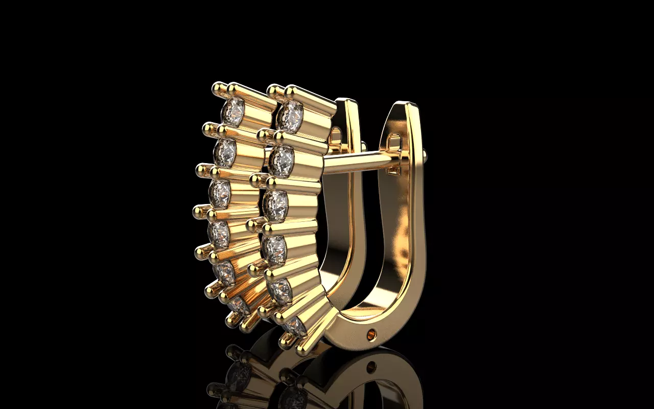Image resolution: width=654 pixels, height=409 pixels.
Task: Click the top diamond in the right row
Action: coord(290,116)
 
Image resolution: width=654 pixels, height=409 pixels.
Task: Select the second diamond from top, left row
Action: coord(225,152)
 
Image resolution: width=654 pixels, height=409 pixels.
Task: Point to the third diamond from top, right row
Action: coord(276,206)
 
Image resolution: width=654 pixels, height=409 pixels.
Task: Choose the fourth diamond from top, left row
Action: coord(219,234)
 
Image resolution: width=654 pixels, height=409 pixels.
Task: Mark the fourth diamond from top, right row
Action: coord(274,249)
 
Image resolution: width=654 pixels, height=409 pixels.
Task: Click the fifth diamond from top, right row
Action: coord(279,291)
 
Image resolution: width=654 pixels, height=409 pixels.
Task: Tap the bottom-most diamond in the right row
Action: coord(295,326)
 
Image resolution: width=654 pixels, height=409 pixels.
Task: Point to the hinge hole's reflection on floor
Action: coord(371,366)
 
